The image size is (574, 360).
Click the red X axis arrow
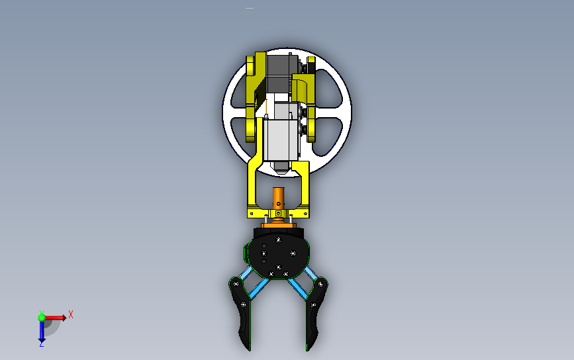[55, 318]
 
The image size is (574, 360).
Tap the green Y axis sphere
[42, 318]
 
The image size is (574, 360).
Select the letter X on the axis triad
[71, 314]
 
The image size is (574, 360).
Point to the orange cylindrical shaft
[278, 199]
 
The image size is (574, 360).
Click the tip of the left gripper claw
[250, 350]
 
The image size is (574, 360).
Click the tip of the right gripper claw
[307, 350]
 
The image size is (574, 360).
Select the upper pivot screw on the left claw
[236, 283]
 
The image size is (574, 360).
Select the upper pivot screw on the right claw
[320, 284]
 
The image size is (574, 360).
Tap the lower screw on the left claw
[244, 304]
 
